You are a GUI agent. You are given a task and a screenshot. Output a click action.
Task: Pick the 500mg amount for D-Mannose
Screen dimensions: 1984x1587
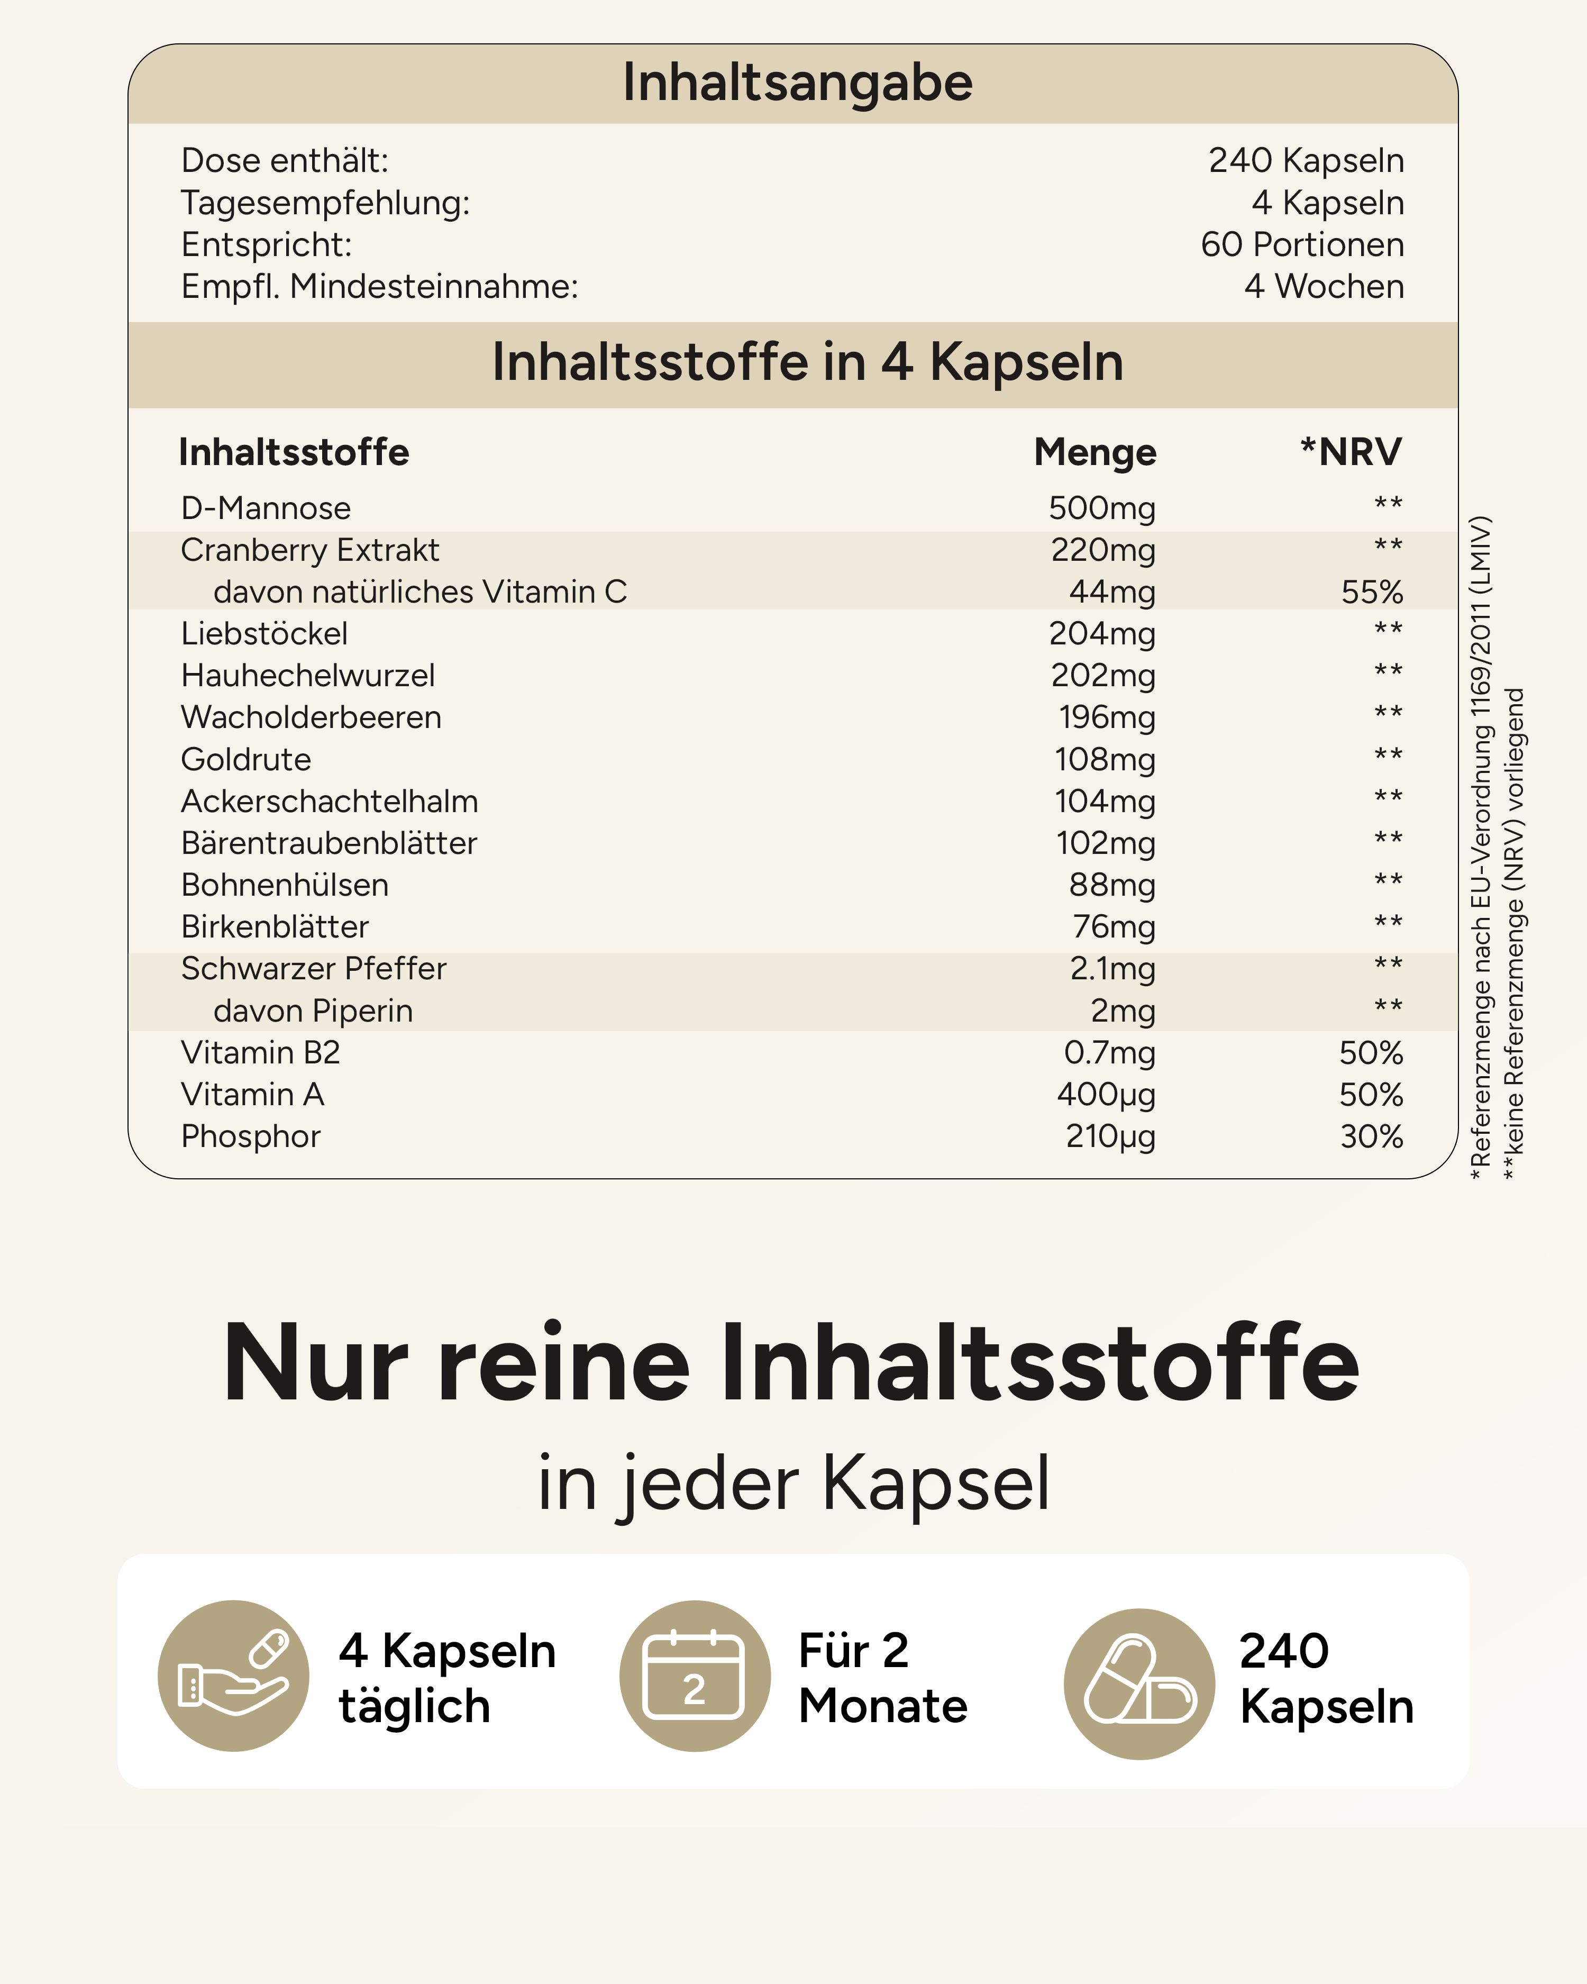coord(1102,508)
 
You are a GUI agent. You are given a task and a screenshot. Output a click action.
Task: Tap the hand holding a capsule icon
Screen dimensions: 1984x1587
coord(234,1676)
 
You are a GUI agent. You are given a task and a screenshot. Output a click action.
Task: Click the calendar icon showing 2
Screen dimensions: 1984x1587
coord(695,1676)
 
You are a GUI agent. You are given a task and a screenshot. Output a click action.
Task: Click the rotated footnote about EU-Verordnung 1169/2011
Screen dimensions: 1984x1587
coord(1480,847)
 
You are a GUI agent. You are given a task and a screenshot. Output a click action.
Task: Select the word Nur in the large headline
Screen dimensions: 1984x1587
coord(315,1364)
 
